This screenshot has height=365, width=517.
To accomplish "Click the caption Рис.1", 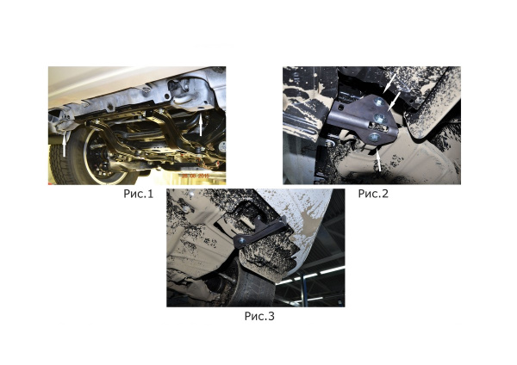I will pos(138,194).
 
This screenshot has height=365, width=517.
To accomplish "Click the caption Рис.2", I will pos(373,194).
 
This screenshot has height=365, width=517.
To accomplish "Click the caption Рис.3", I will pos(258,317).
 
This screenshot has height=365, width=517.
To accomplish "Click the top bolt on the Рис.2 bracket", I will pos(377,104).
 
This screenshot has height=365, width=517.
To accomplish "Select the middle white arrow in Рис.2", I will pos(396,101).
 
